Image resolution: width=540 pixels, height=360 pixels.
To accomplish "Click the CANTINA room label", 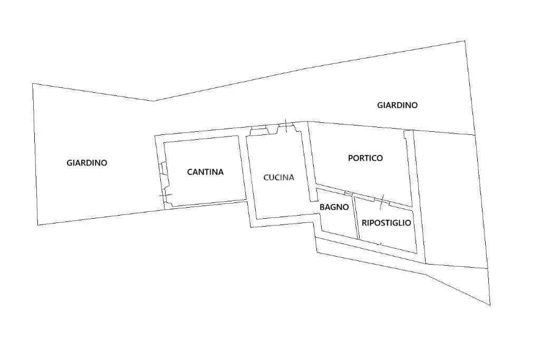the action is pos(205,172).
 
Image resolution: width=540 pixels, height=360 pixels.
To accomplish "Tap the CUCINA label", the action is pos(278,178).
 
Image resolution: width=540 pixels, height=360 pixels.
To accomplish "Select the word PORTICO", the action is pos(365,158).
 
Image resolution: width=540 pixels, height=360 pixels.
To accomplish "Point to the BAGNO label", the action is pos(334,207).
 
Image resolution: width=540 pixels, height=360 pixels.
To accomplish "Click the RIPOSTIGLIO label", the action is pos(386,222).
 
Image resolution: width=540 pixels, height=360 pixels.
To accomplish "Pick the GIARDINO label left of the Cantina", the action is pos(87,163).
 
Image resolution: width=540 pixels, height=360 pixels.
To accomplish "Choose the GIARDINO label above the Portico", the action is pos(398,105).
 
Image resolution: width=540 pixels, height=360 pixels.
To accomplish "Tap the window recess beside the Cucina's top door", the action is pos(259,130).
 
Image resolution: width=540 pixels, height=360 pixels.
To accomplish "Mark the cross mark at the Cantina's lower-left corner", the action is pos(165,195).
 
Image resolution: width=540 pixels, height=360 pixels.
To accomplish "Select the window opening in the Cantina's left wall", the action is pos(161,169).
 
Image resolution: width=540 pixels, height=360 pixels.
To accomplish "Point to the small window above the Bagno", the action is pos(349,193).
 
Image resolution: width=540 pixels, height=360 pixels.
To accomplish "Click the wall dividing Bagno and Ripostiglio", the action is pos(356,217).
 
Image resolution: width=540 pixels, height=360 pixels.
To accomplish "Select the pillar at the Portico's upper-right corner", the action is pos(409,135).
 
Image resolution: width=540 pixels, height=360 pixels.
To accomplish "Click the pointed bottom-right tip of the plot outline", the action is pos(490,305).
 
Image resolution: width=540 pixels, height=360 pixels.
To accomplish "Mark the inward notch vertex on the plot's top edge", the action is pos(153,101).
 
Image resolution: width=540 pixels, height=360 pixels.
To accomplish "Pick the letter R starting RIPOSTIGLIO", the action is pos(364,222).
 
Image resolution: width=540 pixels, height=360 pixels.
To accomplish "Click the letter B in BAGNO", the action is pos(322,207).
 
